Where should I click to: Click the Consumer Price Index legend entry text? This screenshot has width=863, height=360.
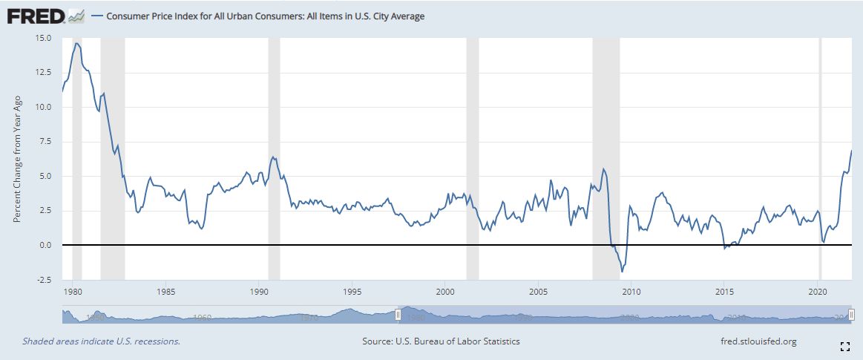click(x=266, y=16)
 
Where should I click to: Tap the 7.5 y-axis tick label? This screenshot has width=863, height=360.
click(x=44, y=142)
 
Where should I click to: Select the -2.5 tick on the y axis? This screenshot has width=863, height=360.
click(x=42, y=280)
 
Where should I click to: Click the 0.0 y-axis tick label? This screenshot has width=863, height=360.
click(x=44, y=245)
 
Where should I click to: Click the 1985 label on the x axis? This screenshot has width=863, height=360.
click(x=165, y=291)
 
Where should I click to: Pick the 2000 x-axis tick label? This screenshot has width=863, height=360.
click(x=445, y=291)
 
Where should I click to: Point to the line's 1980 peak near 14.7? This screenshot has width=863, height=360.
click(x=76, y=43)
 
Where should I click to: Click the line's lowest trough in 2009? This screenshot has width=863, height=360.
click(x=622, y=272)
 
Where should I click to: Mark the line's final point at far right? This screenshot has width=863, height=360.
click(x=851, y=151)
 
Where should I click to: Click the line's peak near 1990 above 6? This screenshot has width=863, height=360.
click(x=273, y=157)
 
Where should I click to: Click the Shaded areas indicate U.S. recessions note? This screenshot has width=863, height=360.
click(x=101, y=341)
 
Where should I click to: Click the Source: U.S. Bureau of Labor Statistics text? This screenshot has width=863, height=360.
click(x=441, y=341)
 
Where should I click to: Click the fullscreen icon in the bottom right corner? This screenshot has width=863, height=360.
click(x=844, y=346)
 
